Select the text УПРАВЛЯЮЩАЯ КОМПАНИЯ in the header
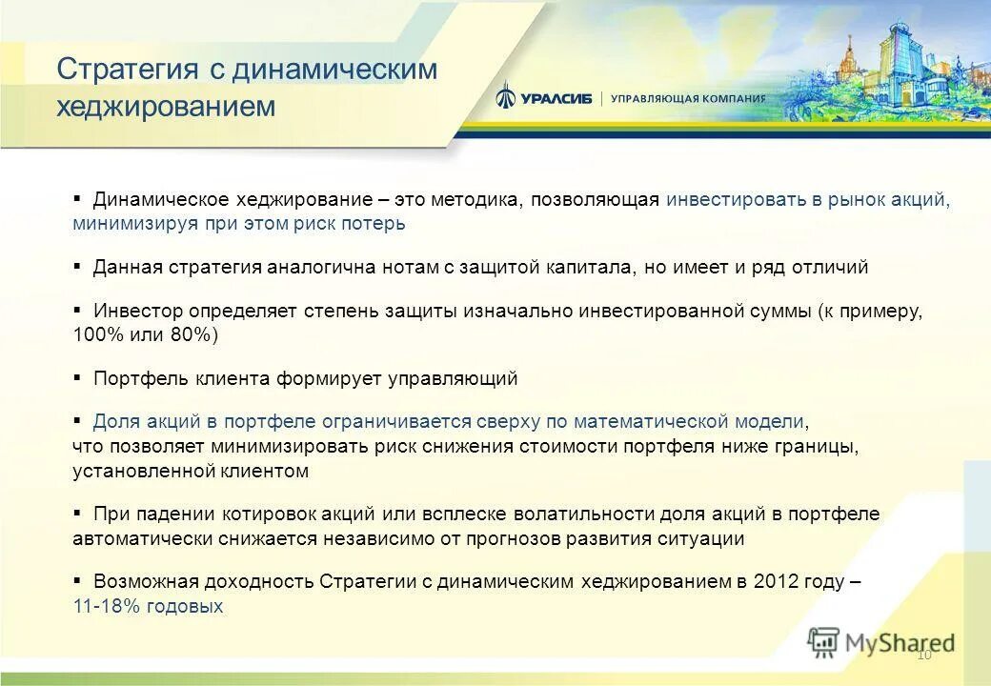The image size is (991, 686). [x=687, y=98]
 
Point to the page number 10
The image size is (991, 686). [x=922, y=655]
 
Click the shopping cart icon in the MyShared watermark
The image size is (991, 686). [x=823, y=643]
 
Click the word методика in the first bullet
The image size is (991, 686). [x=475, y=200]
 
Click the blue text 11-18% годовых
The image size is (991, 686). [x=148, y=606]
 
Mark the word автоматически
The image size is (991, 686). [x=136, y=538]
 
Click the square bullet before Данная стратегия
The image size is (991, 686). [x=78, y=266]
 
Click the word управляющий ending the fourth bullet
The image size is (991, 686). [x=453, y=378]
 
